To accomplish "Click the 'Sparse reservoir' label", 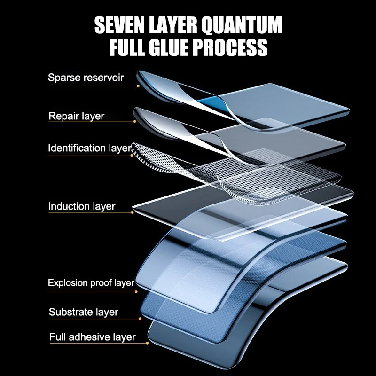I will pyautogui.click(x=86, y=78).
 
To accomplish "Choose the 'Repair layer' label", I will pyautogui.click(x=76, y=116).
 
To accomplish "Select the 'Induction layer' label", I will pyautogui.click(x=81, y=206).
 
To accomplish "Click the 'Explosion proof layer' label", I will pyautogui.click(x=91, y=283).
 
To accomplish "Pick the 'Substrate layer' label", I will pyautogui.click(x=83, y=312).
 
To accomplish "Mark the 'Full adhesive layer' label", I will pyautogui.click(x=92, y=337).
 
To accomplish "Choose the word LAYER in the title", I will pyautogui.click(x=173, y=25).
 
